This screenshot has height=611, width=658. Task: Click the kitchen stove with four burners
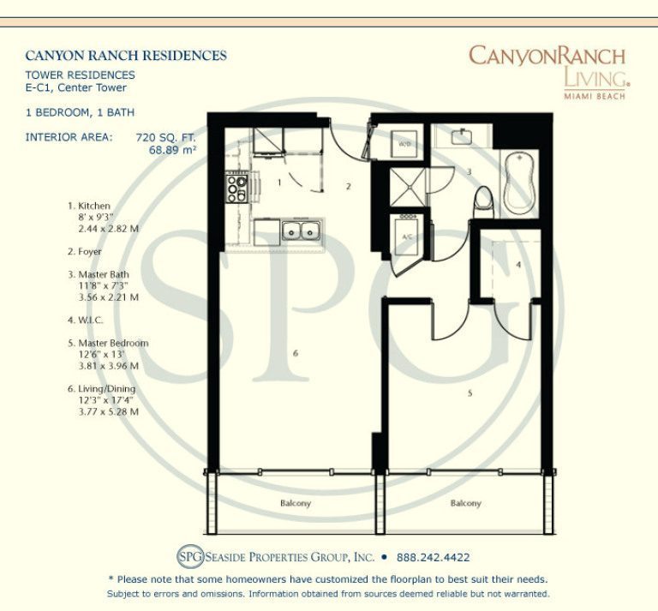pos(237,187)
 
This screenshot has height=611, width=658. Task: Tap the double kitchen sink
pos(300,230)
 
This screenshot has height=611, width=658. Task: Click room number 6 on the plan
pos(295,353)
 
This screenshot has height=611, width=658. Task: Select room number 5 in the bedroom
pos(469,393)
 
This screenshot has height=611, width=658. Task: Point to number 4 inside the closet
pos(518,265)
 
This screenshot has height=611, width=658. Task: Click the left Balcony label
pos(296,504)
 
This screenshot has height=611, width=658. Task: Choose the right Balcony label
pos(466,504)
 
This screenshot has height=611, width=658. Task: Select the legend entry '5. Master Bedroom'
pos(107,343)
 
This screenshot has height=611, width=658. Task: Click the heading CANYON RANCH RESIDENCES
pos(126,56)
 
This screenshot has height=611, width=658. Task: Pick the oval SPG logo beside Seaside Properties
pos(189,556)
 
